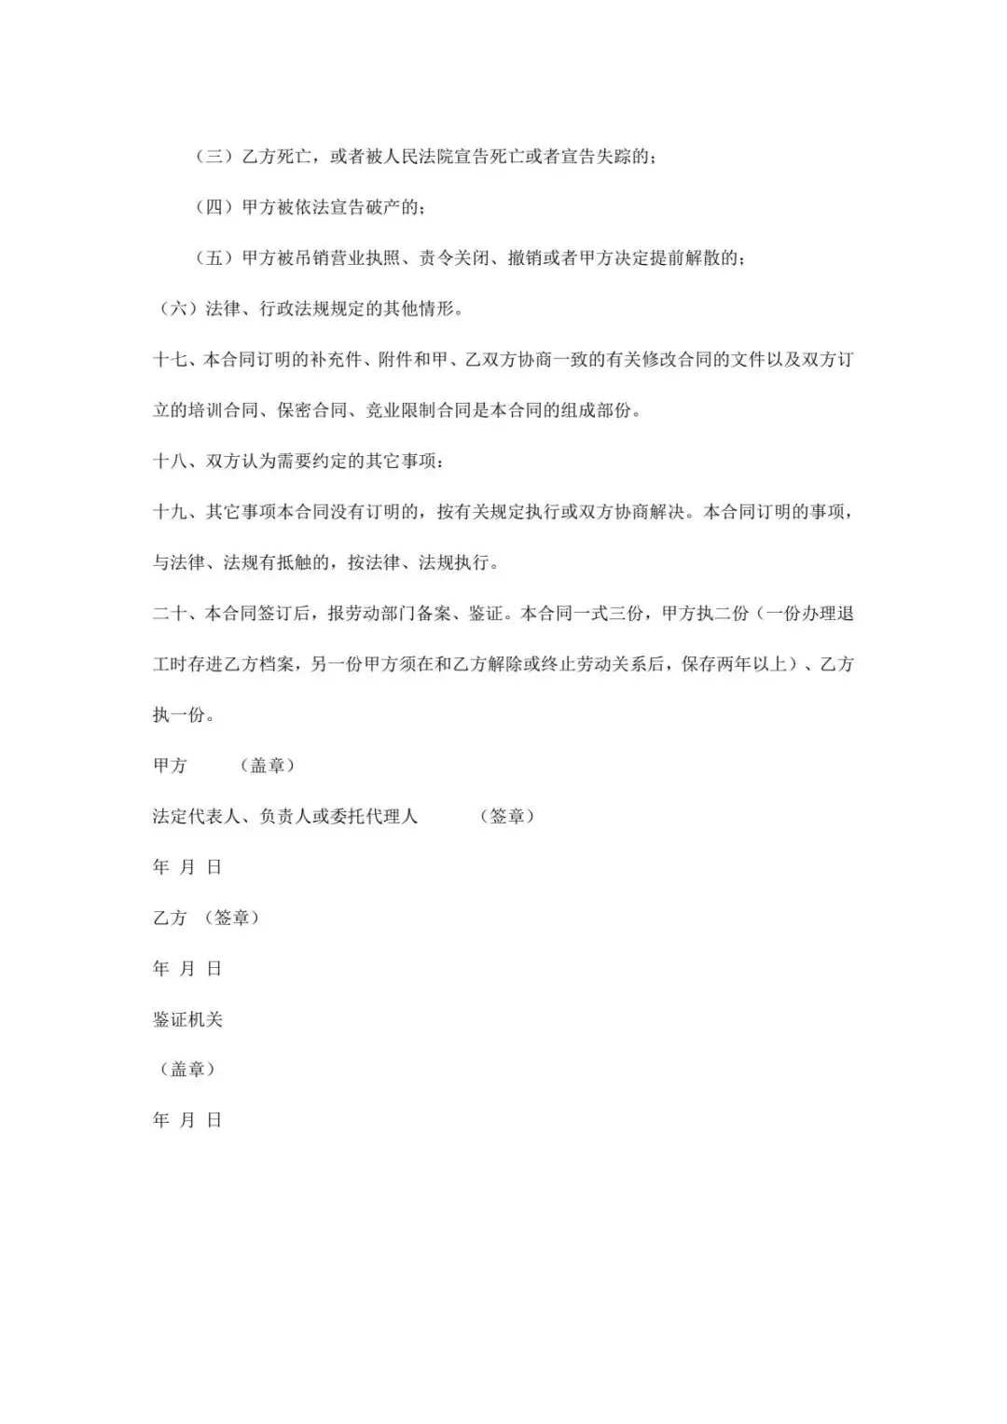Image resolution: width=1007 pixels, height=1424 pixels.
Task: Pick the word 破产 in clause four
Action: pos(392,207)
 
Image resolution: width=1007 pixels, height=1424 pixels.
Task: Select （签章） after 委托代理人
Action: pos(507,816)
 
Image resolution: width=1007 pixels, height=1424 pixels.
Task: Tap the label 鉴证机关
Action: pos(187,1019)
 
